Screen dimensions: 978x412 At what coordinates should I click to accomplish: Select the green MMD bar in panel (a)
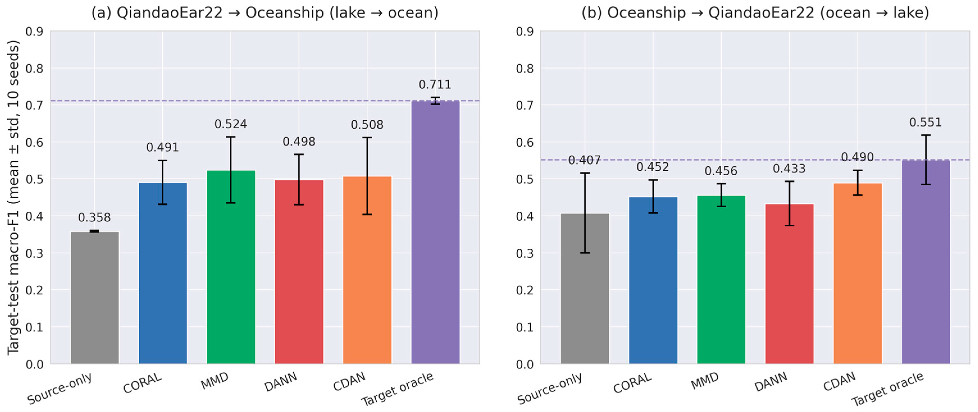231,267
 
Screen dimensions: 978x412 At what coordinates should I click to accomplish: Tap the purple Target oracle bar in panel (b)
925,262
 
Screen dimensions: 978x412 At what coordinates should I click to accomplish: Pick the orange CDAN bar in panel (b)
858,273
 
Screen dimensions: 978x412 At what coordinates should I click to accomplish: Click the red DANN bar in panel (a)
299,272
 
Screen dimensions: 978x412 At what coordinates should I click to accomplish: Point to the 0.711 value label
435,85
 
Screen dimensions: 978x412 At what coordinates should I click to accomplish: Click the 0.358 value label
95,218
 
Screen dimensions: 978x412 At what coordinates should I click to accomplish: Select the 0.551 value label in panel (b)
925,123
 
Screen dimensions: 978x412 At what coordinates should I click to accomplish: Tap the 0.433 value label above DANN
789,169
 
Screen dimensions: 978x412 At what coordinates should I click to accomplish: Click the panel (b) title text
755,13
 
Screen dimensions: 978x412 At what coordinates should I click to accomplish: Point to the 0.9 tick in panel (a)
35,31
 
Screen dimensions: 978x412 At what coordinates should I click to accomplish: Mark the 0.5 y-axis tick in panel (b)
525,179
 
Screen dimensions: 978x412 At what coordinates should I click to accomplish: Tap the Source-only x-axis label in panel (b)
549,388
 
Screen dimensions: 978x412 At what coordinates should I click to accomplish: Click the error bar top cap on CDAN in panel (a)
367,138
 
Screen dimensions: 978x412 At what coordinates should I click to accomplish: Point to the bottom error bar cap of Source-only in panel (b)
585,253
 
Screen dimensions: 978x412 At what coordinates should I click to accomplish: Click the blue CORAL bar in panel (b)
653,280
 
